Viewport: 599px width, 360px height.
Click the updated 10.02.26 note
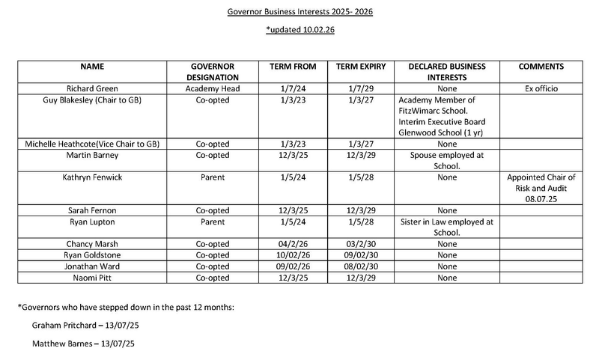[299, 31]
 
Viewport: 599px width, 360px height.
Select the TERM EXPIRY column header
[361, 67]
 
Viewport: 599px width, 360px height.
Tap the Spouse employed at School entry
[446, 160]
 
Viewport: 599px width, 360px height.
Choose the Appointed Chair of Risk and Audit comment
[541, 188]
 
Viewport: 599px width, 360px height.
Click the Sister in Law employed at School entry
[446, 227]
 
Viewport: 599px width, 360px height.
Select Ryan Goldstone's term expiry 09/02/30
[361, 255]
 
